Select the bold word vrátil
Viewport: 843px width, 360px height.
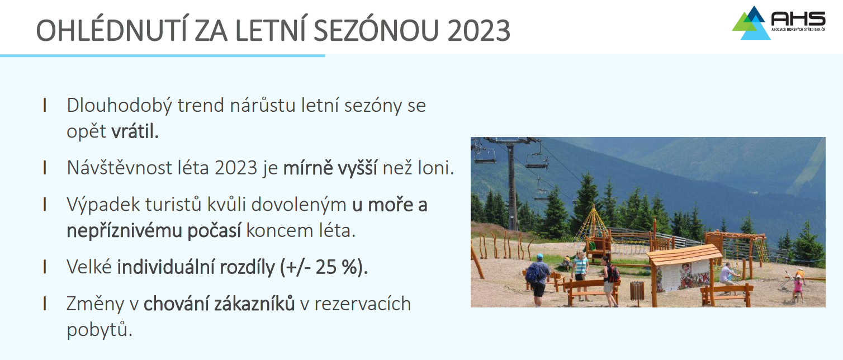[135, 131]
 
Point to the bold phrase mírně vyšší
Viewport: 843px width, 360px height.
[330, 168]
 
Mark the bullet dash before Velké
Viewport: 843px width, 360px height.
[45, 267]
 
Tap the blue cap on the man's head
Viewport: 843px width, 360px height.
[539, 257]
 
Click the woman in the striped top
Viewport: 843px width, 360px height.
[580, 273]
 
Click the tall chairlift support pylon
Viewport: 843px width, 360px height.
[511, 184]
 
